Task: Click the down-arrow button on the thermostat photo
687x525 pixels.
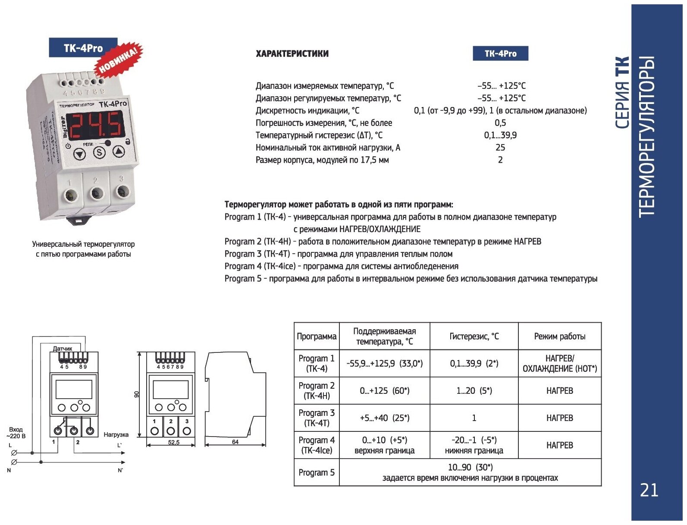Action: [x=79, y=154]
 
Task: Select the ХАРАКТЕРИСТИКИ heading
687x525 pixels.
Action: [x=292, y=54]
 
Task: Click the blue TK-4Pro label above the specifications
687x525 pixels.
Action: [x=500, y=54]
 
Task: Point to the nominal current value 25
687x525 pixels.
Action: [x=500, y=148]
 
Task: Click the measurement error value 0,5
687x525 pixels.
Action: [x=500, y=123]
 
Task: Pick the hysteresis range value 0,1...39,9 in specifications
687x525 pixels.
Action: [x=500, y=135]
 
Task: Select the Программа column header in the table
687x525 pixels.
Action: [x=317, y=336]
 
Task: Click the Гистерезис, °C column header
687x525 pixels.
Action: [x=474, y=336]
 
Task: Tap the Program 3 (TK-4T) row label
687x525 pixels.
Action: [x=317, y=418]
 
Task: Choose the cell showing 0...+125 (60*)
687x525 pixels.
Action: [x=385, y=391]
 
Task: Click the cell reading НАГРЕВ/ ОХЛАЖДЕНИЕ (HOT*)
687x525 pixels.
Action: [x=560, y=364]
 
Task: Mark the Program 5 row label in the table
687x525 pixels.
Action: [x=317, y=473]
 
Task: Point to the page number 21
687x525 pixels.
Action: [x=649, y=490]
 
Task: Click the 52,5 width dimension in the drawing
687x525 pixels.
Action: [x=174, y=443]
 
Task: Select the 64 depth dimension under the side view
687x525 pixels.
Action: [x=235, y=442]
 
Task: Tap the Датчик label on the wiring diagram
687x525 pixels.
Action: [x=63, y=349]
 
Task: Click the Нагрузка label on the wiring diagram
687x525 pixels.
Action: [x=116, y=435]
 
